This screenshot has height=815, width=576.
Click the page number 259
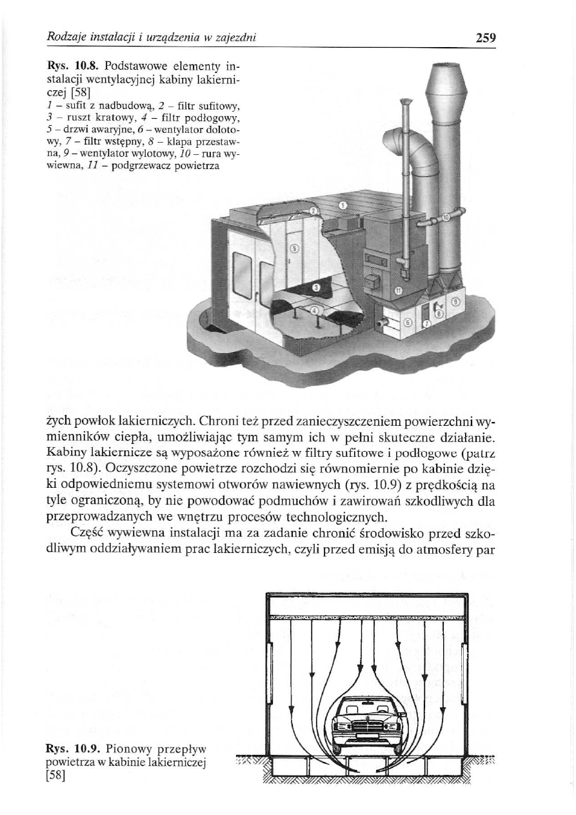click(485, 38)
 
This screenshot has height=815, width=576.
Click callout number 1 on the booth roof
click(343, 205)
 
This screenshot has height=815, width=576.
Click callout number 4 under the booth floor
click(314, 311)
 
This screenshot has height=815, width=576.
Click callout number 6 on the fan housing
click(406, 321)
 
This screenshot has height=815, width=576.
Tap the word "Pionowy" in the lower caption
click(127, 749)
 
